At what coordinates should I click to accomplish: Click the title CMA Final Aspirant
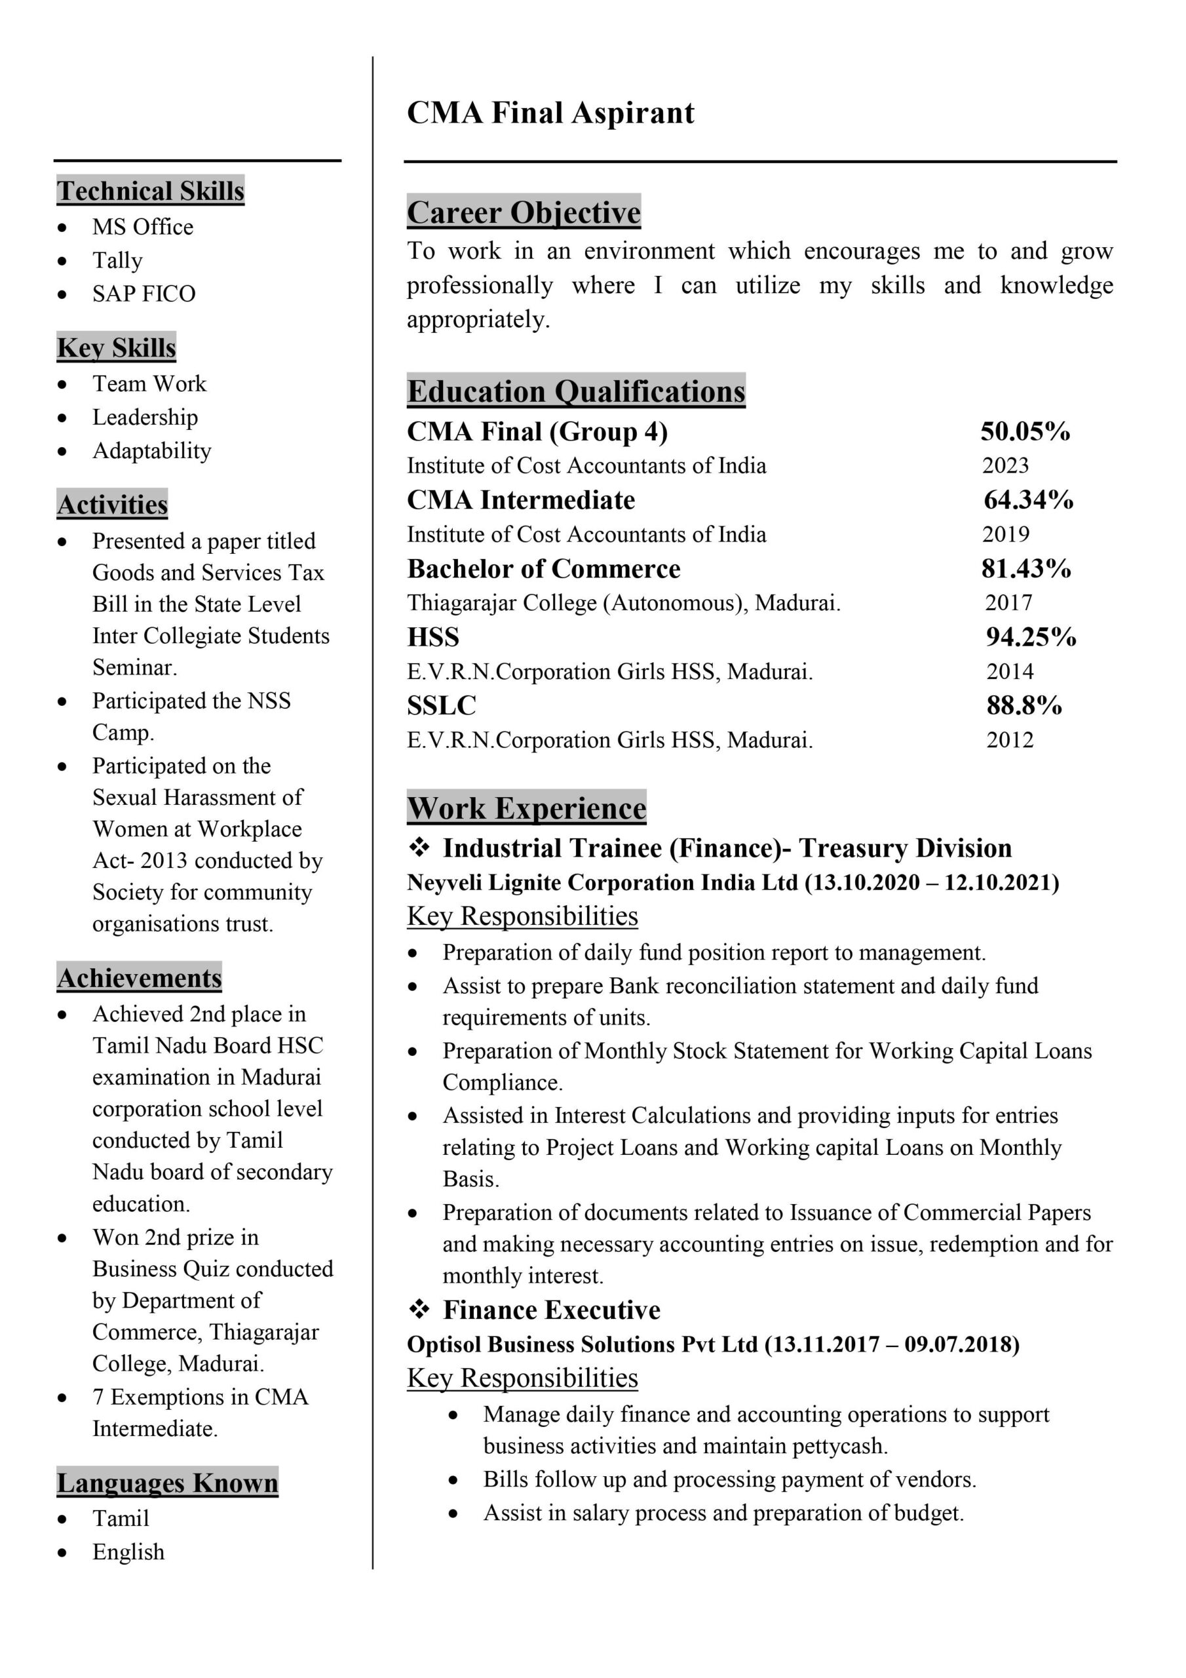pyautogui.click(x=550, y=113)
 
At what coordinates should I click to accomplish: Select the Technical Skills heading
pyautogui.click(x=151, y=191)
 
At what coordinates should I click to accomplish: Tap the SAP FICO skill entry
pyautogui.click(x=143, y=294)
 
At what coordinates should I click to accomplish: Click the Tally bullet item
pyautogui.click(x=117, y=260)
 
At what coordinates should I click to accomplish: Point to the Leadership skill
pyautogui.click(x=145, y=418)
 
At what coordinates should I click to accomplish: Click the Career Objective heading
pyautogui.click(x=523, y=212)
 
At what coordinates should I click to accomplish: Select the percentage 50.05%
pyautogui.click(x=1025, y=431)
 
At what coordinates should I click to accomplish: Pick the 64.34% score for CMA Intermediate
pyautogui.click(x=1028, y=500)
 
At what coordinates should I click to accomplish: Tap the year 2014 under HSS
pyautogui.click(x=1010, y=671)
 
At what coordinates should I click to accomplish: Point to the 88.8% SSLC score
pyautogui.click(x=1023, y=705)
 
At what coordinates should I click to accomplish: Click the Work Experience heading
pyautogui.click(x=526, y=808)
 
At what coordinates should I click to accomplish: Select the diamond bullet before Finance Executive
pyautogui.click(x=419, y=1310)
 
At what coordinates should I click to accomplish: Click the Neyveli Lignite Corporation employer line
pyautogui.click(x=732, y=883)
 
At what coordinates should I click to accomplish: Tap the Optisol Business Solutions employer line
pyautogui.click(x=712, y=1345)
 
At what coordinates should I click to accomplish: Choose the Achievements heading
pyautogui.click(x=139, y=978)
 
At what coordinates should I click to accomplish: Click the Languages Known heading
pyautogui.click(x=167, y=1483)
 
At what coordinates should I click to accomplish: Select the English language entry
pyautogui.click(x=128, y=1551)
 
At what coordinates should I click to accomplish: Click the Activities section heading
pyautogui.click(x=113, y=504)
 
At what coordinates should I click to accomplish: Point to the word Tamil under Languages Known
pyautogui.click(x=121, y=1518)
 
